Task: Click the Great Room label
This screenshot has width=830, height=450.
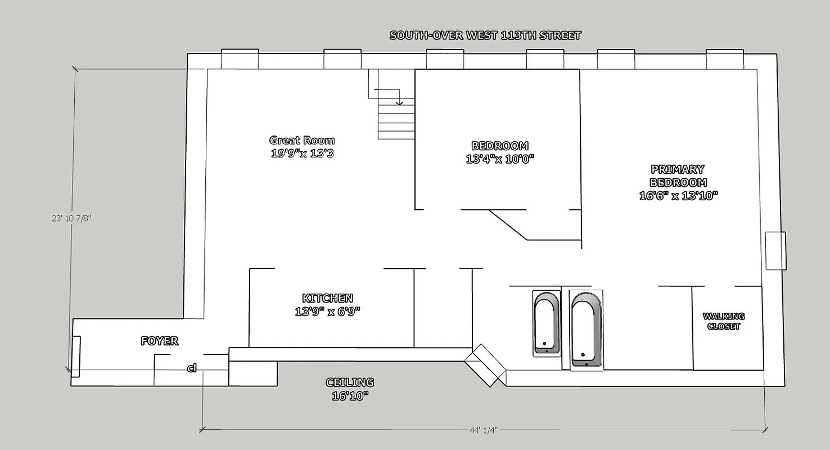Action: pos(302,141)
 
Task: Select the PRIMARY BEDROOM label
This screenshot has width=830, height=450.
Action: pos(678,176)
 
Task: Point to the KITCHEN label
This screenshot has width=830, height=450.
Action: pos(327,299)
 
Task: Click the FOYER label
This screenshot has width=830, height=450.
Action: pos(159,341)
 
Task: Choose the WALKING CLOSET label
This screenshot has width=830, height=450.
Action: pos(724,321)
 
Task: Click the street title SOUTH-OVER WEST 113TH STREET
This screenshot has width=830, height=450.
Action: pos(485,35)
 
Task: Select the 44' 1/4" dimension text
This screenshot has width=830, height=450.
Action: pos(483,430)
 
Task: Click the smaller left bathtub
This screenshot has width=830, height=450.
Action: pos(547,323)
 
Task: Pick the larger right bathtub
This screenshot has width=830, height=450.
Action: pos(586,329)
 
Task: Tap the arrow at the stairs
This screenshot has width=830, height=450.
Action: pos(399,102)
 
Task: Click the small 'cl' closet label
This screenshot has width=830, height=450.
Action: pos(192,368)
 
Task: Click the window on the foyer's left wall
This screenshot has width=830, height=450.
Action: pos(75,356)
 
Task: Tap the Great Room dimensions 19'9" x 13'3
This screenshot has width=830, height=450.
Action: pos(302,153)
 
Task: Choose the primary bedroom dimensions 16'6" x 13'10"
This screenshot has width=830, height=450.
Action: pos(679,196)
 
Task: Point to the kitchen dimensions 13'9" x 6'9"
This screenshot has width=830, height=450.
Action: pos(327,311)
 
